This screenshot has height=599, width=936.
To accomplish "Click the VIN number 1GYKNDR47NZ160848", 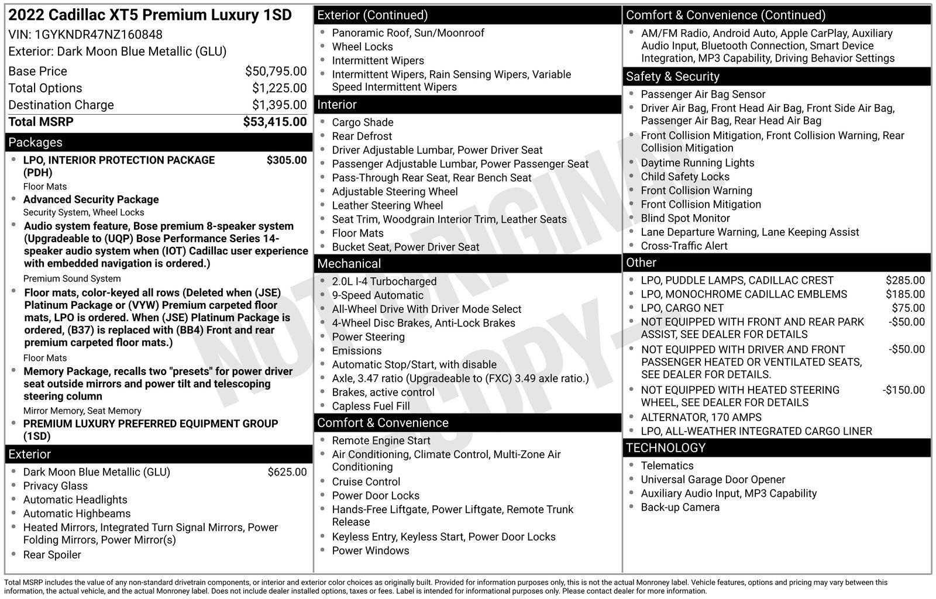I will [x=98, y=35].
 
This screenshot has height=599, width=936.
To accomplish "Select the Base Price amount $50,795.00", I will [x=276, y=71].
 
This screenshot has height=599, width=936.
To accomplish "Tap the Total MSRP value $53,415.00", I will [x=274, y=122].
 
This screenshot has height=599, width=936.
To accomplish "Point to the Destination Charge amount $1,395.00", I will [x=279, y=105].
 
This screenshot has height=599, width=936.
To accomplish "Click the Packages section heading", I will [x=35, y=142].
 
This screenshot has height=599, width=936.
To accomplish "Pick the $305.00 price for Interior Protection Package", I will [x=286, y=160].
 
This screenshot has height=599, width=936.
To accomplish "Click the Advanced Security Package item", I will [x=91, y=199].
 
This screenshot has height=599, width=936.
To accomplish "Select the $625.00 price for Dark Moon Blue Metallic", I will [x=287, y=472].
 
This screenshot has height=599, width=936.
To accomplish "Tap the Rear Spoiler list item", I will [x=52, y=555].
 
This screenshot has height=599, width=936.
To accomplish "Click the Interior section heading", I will [x=337, y=105].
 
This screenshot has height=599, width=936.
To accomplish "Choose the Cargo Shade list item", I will [x=362, y=122].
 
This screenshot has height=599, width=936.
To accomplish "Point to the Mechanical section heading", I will [x=349, y=264].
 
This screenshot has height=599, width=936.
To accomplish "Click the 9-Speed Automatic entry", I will [x=377, y=295].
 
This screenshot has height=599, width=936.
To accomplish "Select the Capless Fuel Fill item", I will [x=371, y=406].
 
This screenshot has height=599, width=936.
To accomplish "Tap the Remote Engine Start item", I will [x=381, y=440].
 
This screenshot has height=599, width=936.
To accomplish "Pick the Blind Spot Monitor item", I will [x=685, y=218].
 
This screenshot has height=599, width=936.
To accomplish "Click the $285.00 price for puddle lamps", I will [x=905, y=280].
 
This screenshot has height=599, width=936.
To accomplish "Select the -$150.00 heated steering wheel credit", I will [x=903, y=390].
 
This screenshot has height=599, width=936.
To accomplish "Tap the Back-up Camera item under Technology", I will [x=680, y=507].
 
